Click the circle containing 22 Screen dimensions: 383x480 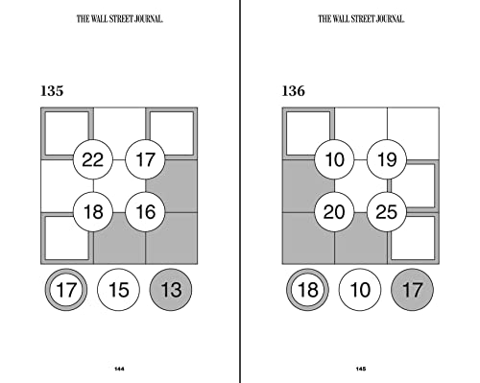click(x=93, y=159)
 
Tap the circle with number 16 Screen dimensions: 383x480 click(x=145, y=211)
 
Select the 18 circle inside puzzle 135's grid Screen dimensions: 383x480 click(x=93, y=211)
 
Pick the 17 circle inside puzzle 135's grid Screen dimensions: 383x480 click(x=145, y=159)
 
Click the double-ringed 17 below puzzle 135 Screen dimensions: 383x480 click(x=66, y=289)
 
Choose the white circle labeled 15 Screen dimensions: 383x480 click(x=119, y=289)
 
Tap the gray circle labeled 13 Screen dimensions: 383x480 click(x=171, y=289)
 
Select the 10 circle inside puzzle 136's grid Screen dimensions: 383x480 click(x=335, y=159)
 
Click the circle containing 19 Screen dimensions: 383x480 click(x=387, y=159)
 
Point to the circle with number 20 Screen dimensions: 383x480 click(x=335, y=211)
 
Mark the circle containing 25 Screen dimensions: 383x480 click(x=387, y=211)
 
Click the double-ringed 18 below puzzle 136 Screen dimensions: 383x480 click(x=308, y=289)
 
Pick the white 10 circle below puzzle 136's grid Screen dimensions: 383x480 click(x=361, y=289)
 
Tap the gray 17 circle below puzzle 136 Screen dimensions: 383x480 click(x=413, y=289)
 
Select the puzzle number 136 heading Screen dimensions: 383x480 click(x=294, y=92)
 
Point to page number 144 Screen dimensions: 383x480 click(x=119, y=370)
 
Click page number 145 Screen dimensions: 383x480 click(x=361, y=370)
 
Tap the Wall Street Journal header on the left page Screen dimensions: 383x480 click(x=119, y=17)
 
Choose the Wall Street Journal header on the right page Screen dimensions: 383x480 click(x=361, y=17)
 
